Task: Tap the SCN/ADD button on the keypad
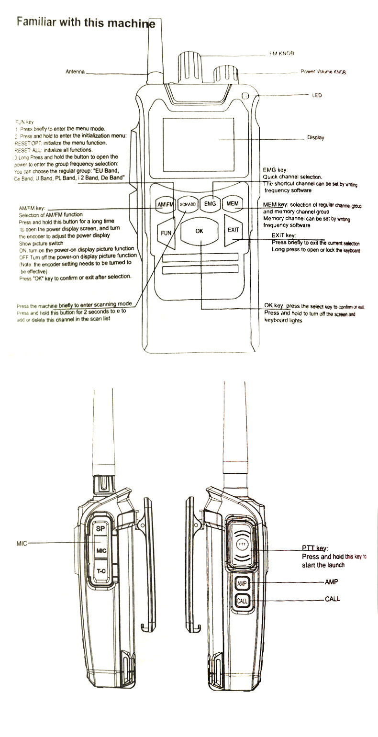click(x=188, y=204)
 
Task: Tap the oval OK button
click(x=200, y=231)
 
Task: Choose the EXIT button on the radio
click(x=233, y=230)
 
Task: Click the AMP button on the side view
click(x=241, y=583)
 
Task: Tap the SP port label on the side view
click(x=100, y=529)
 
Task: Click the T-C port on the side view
click(x=100, y=571)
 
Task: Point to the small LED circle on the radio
click(x=246, y=95)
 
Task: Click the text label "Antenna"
click(x=75, y=72)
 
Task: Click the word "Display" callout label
click(x=315, y=138)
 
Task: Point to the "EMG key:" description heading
click(x=275, y=170)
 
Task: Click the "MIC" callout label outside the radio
click(x=22, y=544)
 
